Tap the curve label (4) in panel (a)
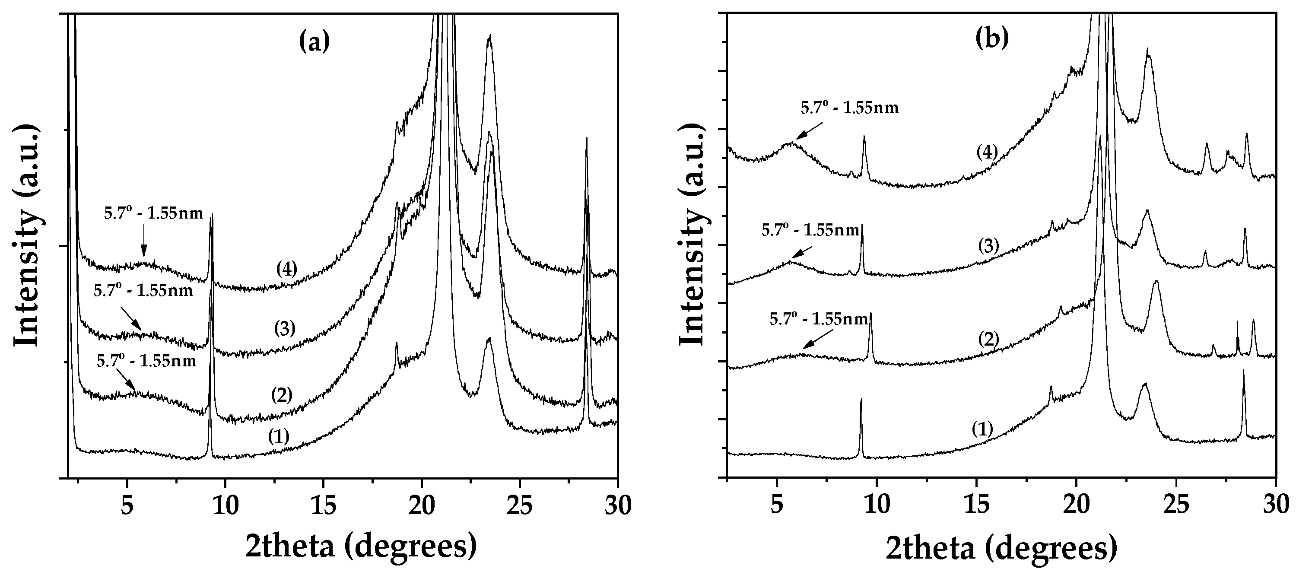coord(287,269)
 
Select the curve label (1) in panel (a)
coord(279,437)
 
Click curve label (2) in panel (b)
coord(988,339)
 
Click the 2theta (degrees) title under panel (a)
coord(361,547)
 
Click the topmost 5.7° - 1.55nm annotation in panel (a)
coord(153,213)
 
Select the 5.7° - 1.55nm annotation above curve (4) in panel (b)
coord(850,108)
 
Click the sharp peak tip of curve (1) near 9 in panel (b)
coord(861,400)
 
